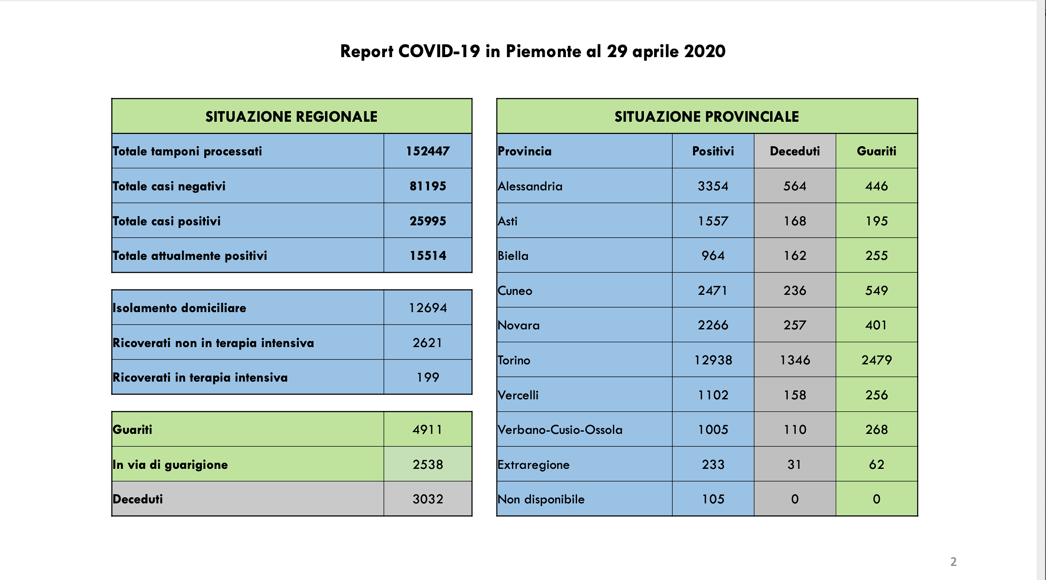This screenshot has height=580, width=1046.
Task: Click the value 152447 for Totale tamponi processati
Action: pos(427,151)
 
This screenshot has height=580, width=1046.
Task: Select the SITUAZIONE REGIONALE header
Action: pos(291,116)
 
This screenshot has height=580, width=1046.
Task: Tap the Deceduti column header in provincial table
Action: pos(794,151)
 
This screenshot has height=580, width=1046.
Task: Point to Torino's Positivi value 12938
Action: pos(713,360)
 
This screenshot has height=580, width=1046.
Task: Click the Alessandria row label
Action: pos(530,186)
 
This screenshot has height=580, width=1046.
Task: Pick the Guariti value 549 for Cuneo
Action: pos(876,290)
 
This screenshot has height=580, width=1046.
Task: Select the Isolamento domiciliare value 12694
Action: pos(427,308)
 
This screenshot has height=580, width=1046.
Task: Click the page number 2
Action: pos(953,561)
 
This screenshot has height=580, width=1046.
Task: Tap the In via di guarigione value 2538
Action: pos(427,464)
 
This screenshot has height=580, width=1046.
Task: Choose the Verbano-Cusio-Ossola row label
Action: pos(560,429)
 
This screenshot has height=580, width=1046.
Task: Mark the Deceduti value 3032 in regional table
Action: pos(427,499)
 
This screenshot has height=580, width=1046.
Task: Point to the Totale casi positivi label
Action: pos(167,221)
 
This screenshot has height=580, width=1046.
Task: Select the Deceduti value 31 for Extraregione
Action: pos(794,464)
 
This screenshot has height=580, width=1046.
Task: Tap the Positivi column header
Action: pos(713,151)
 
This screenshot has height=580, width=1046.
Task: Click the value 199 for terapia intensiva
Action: pos(427,377)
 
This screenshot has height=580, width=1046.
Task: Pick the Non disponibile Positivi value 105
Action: pos(713,499)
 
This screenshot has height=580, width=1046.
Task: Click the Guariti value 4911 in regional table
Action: pos(427,429)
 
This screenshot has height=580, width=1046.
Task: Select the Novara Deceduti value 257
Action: pos(794,325)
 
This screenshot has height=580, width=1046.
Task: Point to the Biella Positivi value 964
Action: pos(713,255)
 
